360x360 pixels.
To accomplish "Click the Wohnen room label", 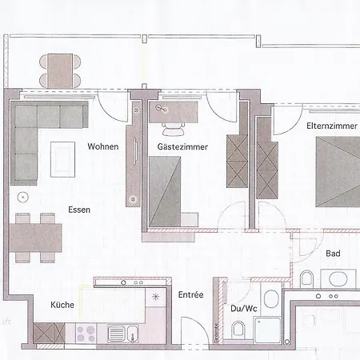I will [x=104, y=146].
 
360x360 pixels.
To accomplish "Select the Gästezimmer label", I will [x=167, y=146].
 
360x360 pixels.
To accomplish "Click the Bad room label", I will [x=334, y=254].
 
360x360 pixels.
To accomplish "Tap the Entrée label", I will [x=190, y=295].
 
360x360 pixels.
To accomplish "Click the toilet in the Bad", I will [x=307, y=278].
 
